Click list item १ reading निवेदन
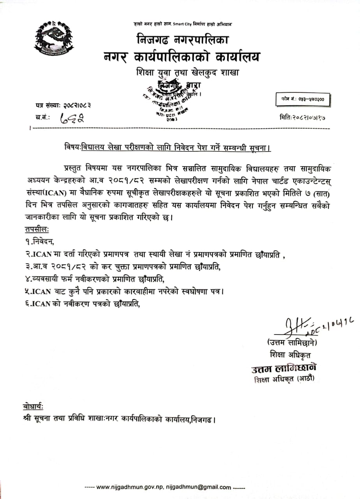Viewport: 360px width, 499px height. [39, 242]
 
